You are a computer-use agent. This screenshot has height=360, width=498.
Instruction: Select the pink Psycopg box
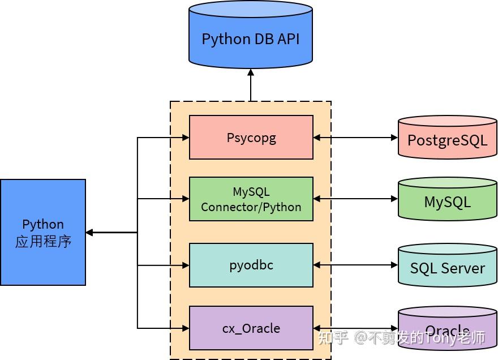pyautogui.click(x=251, y=138)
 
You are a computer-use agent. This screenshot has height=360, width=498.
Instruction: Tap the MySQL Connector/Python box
pyautogui.click(x=251, y=199)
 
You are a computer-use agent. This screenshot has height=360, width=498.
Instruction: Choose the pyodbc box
pyautogui.click(x=251, y=265)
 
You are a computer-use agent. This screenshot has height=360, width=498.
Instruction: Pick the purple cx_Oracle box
pyautogui.click(x=251, y=328)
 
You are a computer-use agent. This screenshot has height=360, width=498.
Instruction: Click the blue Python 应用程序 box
pyautogui.click(x=43, y=232)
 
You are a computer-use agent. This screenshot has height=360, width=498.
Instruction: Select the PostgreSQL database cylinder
pyautogui.click(x=447, y=139)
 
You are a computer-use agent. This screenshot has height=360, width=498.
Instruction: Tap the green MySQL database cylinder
pyautogui.click(x=447, y=200)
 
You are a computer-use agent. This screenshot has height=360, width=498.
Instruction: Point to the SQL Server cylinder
pyautogui.click(x=447, y=267)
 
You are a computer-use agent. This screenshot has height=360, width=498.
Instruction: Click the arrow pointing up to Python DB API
pyautogui.click(x=251, y=85)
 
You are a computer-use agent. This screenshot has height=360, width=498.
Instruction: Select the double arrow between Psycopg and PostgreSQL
pyautogui.click(x=355, y=138)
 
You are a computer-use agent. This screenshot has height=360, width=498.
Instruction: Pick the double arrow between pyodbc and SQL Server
pyautogui.click(x=355, y=265)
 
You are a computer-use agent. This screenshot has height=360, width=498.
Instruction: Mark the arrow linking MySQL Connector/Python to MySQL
pyautogui.click(x=355, y=199)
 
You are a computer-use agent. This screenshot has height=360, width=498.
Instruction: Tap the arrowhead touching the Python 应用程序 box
pyautogui.click(x=89, y=232)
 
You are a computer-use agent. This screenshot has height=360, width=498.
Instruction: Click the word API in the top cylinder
pyautogui.click(x=285, y=39)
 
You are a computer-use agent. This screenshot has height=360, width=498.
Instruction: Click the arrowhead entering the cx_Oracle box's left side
pyautogui.click(x=185, y=328)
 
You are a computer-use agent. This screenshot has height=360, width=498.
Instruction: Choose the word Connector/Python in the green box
pyautogui.click(x=251, y=207)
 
